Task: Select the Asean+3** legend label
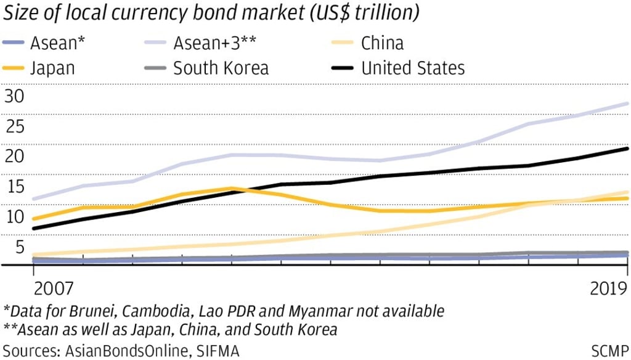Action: (x=215, y=44)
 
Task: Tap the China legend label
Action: (x=383, y=44)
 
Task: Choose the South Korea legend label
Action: (x=221, y=67)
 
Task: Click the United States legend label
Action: (x=413, y=67)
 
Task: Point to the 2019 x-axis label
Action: (x=605, y=288)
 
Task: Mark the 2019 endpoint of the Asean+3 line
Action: (x=627, y=104)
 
